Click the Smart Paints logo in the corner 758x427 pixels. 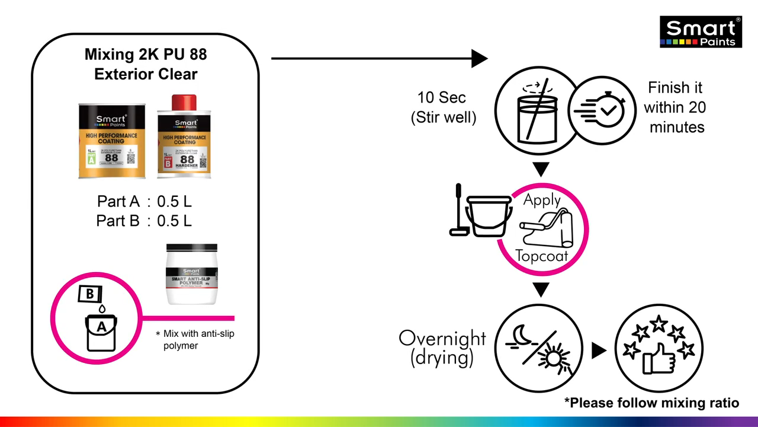[x=701, y=32]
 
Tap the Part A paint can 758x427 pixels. [x=112, y=141]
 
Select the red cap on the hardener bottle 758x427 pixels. [x=184, y=103]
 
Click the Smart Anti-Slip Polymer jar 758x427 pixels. [x=192, y=274]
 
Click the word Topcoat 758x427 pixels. [x=541, y=256]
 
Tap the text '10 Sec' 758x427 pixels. [x=441, y=98]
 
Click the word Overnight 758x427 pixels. [x=442, y=338]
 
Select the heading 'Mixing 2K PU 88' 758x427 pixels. [x=146, y=55]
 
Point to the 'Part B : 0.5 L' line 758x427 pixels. [x=144, y=221]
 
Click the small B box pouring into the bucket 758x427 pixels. [x=90, y=294]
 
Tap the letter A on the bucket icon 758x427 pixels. [x=101, y=327]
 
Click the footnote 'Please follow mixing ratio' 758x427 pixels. [x=651, y=403]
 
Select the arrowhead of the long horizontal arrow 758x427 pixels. [x=479, y=58]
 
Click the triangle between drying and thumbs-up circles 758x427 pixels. [x=599, y=350]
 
